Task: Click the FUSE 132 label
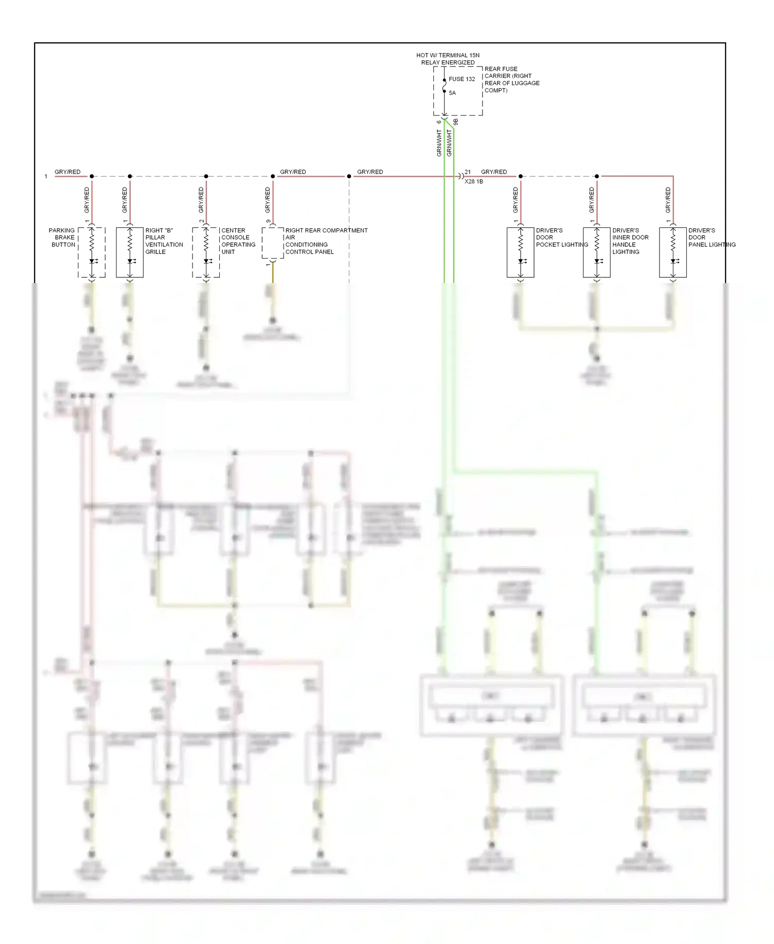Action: (461, 79)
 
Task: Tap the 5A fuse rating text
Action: (452, 93)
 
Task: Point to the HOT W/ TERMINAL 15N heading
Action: (447, 55)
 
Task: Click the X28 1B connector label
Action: (473, 182)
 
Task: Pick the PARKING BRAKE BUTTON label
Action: (62, 238)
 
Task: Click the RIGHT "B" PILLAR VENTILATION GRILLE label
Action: (164, 241)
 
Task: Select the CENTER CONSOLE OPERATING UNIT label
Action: (238, 241)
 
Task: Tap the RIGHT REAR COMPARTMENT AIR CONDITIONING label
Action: (326, 241)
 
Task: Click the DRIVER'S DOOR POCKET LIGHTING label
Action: (561, 238)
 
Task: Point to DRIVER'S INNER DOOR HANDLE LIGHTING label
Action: (630, 241)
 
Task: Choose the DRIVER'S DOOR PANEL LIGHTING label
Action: (711, 238)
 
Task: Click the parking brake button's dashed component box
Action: (92, 253)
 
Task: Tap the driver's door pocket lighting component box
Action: (520, 253)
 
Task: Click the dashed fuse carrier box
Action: (458, 91)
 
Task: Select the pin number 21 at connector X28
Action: (467, 172)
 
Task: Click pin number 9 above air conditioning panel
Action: (268, 222)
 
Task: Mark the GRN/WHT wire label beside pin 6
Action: (439, 143)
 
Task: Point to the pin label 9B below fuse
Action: (456, 122)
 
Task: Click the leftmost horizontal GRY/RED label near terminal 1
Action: (68, 172)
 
